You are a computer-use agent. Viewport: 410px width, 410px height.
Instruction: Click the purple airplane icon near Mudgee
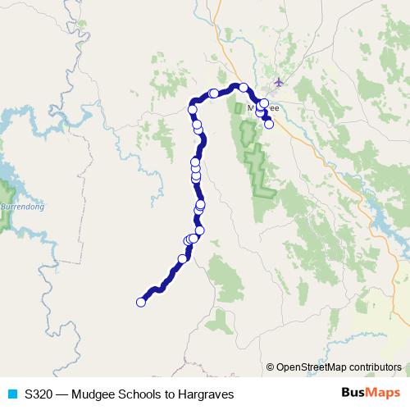(280, 82)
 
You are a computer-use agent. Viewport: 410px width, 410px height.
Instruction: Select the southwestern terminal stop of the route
(140, 302)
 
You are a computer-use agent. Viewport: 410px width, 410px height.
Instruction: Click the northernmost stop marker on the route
(244, 87)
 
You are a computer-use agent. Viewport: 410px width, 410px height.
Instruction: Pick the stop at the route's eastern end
(269, 125)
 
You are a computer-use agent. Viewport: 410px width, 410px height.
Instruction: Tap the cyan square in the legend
(11, 394)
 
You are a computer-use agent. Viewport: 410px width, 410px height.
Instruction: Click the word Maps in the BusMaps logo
(382, 394)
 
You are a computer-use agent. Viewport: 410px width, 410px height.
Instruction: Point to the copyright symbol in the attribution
(271, 367)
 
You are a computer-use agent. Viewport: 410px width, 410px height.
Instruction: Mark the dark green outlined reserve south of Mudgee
(261, 168)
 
